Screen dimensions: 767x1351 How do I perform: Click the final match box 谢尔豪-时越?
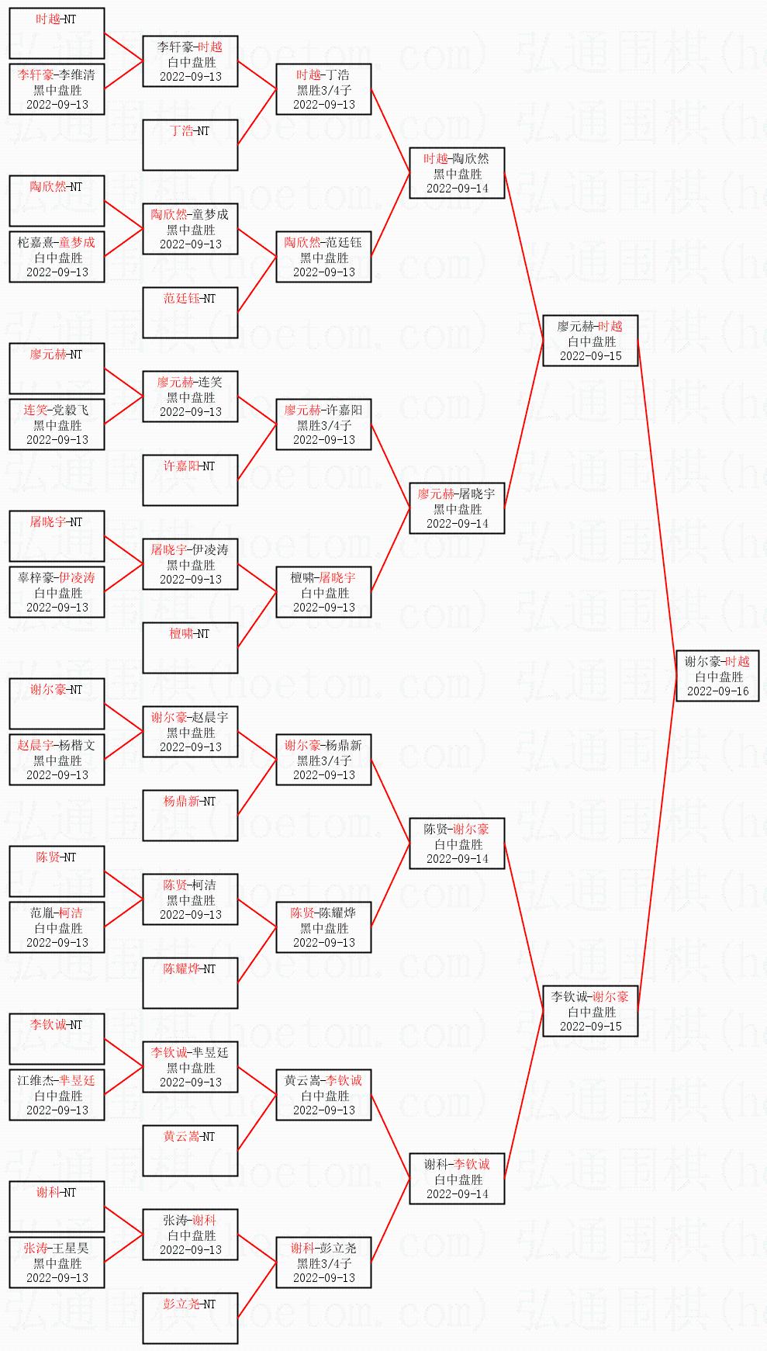[x=717, y=676]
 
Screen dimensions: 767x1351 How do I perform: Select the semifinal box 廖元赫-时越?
[x=590, y=341]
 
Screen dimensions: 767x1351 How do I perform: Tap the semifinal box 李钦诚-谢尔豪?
[x=590, y=1011]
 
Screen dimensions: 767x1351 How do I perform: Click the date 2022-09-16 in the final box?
[x=717, y=691]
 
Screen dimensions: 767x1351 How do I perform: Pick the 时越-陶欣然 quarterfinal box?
[x=457, y=173]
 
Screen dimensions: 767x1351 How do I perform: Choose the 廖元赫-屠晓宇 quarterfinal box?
[x=457, y=508]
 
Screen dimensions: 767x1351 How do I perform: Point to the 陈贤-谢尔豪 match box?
[x=457, y=844]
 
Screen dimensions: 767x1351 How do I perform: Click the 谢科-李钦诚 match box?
[x=457, y=1179]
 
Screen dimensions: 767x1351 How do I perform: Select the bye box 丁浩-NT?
[x=190, y=144]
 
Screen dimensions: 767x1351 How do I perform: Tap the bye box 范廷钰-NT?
[x=190, y=312]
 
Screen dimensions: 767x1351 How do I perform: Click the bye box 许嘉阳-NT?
[x=190, y=480]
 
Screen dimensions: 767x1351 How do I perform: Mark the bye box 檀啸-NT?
[x=190, y=647]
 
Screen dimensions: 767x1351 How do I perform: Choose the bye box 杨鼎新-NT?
[x=190, y=815]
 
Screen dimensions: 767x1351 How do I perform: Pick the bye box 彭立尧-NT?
[x=190, y=1318]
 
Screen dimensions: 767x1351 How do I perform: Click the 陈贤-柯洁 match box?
[x=190, y=899]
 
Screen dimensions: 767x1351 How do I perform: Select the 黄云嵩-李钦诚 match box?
[x=323, y=1095]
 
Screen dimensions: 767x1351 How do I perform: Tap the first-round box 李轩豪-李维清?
[x=57, y=89]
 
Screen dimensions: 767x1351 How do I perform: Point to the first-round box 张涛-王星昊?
[x=57, y=1263]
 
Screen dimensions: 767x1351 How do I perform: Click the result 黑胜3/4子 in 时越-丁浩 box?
[x=323, y=90]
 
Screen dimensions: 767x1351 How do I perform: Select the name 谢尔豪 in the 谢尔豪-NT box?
[x=48, y=690]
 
